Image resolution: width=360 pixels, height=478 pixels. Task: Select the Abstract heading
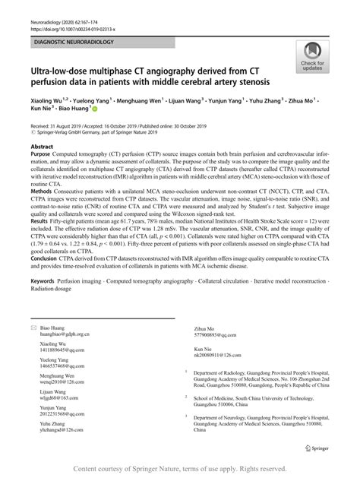point(42,143)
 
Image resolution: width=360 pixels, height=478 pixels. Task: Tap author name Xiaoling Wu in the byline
point(49,99)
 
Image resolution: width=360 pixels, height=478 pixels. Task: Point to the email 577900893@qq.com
point(210,334)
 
